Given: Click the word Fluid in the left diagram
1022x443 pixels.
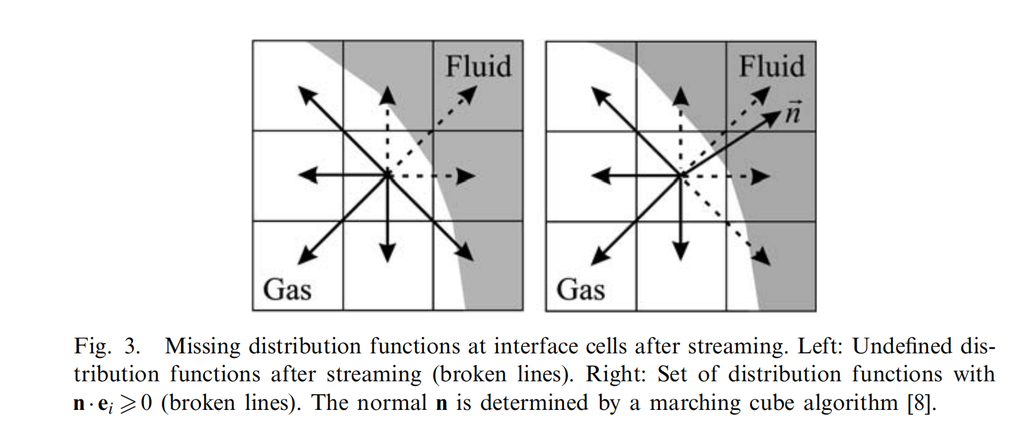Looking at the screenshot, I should [478, 66].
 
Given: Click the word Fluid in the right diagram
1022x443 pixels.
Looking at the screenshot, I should [772, 66].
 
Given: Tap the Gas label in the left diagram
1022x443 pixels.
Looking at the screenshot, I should [287, 289].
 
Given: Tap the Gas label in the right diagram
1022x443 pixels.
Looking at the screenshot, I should [580, 289].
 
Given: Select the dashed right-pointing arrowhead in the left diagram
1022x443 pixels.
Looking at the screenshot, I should [466, 176].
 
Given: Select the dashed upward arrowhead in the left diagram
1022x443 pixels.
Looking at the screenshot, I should [387, 96].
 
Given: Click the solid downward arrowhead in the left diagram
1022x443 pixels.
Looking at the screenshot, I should [387, 253].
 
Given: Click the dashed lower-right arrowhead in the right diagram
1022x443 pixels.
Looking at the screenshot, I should [763, 257].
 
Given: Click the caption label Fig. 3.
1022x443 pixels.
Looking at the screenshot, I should [107, 346].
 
